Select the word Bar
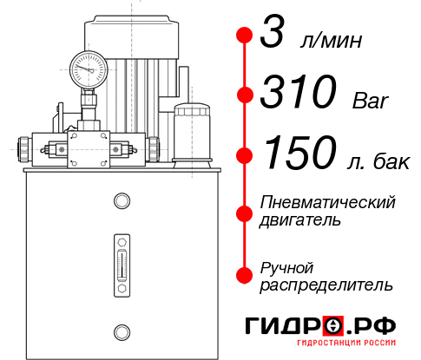tap(371, 101)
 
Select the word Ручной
tap(286, 266)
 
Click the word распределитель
tap(326, 285)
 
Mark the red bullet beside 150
tap(245, 154)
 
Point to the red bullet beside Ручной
tap(245, 274)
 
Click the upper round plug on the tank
tap(121, 202)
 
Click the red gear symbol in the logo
tap(333, 326)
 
